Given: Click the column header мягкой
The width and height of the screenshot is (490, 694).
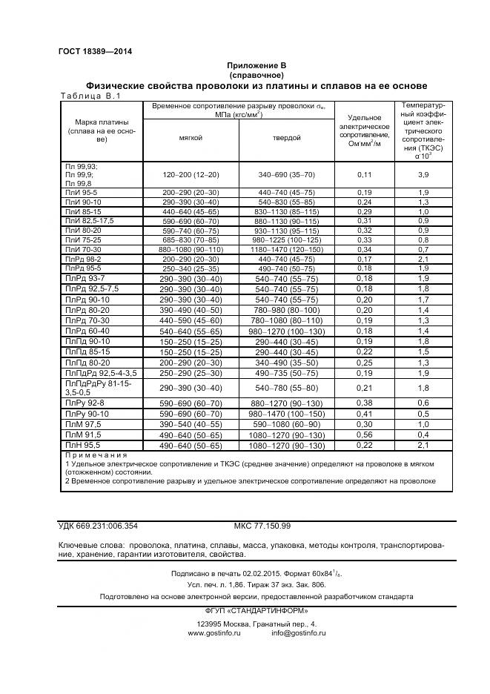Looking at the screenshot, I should click(x=191, y=138).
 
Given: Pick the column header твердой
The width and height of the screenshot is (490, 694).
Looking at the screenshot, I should click(x=285, y=138).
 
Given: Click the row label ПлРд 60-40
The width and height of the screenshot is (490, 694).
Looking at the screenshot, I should click(x=87, y=330).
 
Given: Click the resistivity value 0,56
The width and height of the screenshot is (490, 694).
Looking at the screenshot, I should click(x=364, y=434).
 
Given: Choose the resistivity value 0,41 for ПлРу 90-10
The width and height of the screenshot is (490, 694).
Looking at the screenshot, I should click(x=364, y=413).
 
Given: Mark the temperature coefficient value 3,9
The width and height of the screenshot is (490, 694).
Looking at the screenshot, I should click(x=423, y=174).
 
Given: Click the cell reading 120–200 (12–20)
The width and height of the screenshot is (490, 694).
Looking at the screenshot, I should click(x=191, y=174).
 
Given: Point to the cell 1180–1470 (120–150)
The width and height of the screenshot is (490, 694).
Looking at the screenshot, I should click(x=285, y=250).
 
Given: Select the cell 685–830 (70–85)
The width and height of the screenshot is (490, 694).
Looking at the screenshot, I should click(x=191, y=240).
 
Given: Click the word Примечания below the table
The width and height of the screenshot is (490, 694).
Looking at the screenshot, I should click(x=97, y=455).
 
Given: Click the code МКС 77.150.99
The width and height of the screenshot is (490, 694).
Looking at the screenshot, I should click(x=262, y=526).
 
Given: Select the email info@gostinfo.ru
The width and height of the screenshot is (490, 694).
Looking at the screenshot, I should click(x=298, y=633).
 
